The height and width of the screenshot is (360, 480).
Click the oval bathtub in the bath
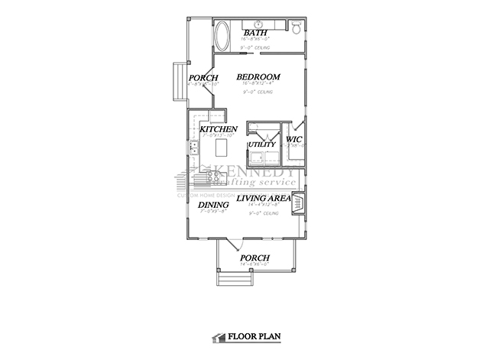click(222, 37)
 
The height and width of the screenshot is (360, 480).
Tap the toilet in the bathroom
click(297, 26)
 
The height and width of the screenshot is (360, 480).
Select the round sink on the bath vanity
click(258, 23)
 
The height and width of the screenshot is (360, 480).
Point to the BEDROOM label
click(258, 77)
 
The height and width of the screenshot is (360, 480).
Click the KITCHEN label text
click(218, 130)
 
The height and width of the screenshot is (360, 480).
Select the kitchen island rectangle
click(224, 145)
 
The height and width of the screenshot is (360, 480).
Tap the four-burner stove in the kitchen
click(209, 178)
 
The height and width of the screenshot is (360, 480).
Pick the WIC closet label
click(293, 140)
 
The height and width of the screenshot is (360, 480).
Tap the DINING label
click(212, 206)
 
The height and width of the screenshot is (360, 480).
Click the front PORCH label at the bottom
click(255, 258)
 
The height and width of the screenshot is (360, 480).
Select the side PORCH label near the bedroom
click(203, 79)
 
